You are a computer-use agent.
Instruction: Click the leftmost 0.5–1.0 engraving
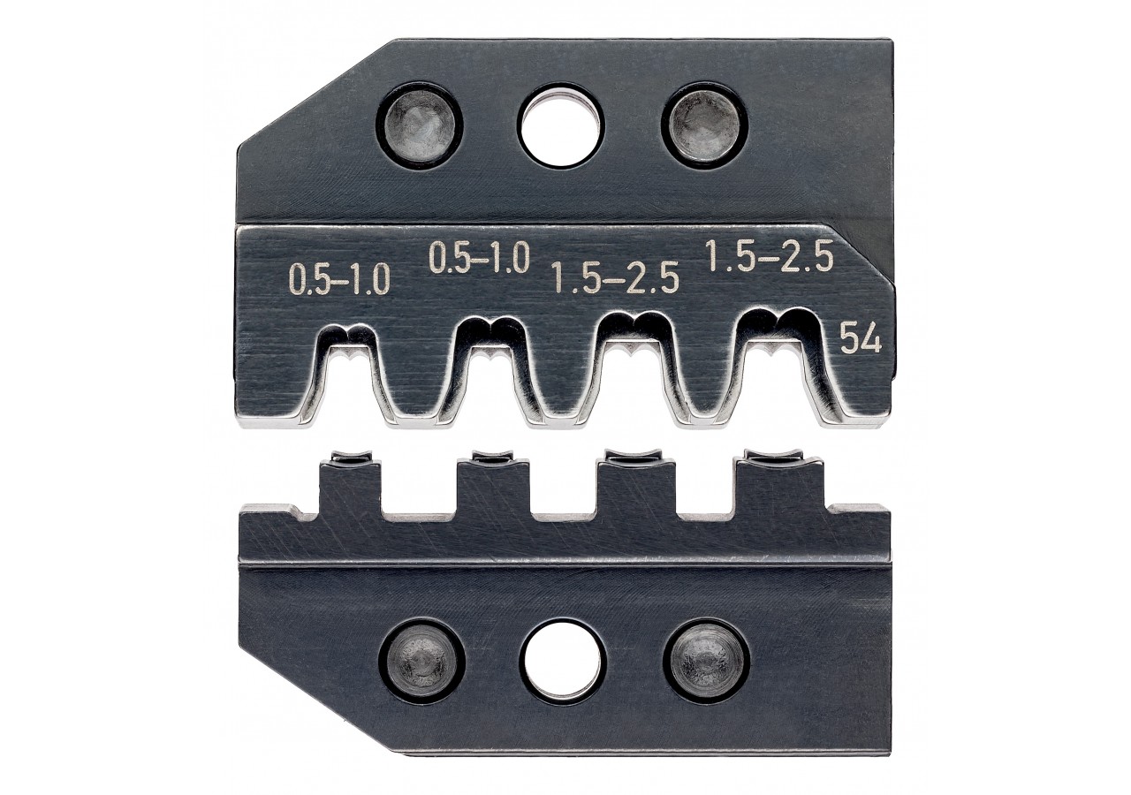[339, 281]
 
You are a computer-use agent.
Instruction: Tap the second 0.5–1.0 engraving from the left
[479, 257]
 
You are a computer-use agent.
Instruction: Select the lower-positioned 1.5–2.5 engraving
[616, 278]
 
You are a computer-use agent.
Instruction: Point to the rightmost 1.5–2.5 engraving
[770, 257]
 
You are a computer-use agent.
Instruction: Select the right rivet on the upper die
[705, 125]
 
